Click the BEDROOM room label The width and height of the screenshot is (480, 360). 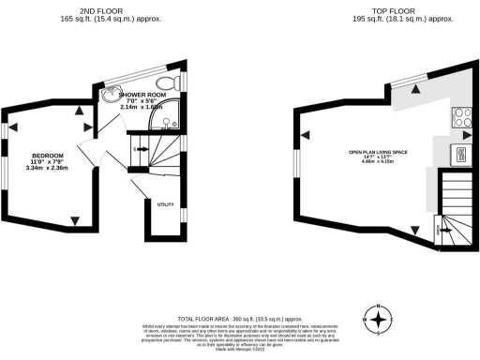click(47, 155)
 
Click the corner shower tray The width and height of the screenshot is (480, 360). click(171, 120)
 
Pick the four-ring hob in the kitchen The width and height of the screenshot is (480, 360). click(462, 117)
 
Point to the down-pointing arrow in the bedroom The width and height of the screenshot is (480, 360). click(75, 221)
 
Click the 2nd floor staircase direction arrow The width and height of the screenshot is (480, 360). click(138, 148)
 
